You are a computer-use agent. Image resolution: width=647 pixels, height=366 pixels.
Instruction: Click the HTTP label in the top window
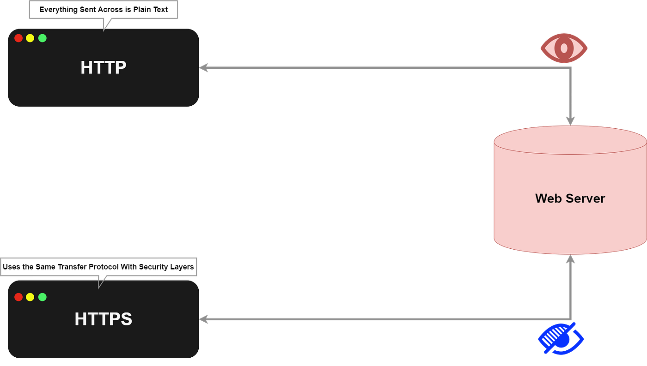(103, 67)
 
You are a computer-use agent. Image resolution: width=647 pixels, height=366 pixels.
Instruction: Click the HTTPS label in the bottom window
(103, 319)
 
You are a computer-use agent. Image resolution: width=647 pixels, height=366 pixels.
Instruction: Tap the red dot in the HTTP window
(18, 38)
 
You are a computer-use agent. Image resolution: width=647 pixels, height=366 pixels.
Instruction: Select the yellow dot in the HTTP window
(31, 38)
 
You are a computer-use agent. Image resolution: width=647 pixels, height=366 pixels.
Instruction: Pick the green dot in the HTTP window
(43, 38)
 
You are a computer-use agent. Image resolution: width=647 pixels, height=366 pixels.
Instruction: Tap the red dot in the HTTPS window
(18, 297)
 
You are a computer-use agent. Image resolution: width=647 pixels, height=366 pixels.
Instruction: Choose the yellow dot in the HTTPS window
(31, 297)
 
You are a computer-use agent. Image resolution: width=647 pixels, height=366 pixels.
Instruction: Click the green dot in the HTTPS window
(43, 297)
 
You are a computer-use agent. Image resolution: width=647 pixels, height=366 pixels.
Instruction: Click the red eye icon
(564, 48)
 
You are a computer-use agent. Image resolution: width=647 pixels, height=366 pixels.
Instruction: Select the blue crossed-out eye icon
(561, 338)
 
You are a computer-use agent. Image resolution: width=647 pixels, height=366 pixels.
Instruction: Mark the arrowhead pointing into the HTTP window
(204, 67)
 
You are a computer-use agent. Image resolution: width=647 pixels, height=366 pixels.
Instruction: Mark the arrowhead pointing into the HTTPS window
(204, 319)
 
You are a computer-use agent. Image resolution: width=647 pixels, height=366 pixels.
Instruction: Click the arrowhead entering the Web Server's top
(571, 120)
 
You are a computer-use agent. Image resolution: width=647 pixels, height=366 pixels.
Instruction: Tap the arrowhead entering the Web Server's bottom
(571, 260)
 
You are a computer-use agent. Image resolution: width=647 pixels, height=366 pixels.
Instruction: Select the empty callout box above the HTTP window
(103, 10)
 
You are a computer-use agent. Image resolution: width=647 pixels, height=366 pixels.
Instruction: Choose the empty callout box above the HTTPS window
(99, 267)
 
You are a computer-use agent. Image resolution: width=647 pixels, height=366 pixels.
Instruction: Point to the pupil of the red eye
(564, 48)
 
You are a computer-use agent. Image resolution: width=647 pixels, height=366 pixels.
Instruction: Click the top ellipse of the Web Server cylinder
(570, 139)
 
